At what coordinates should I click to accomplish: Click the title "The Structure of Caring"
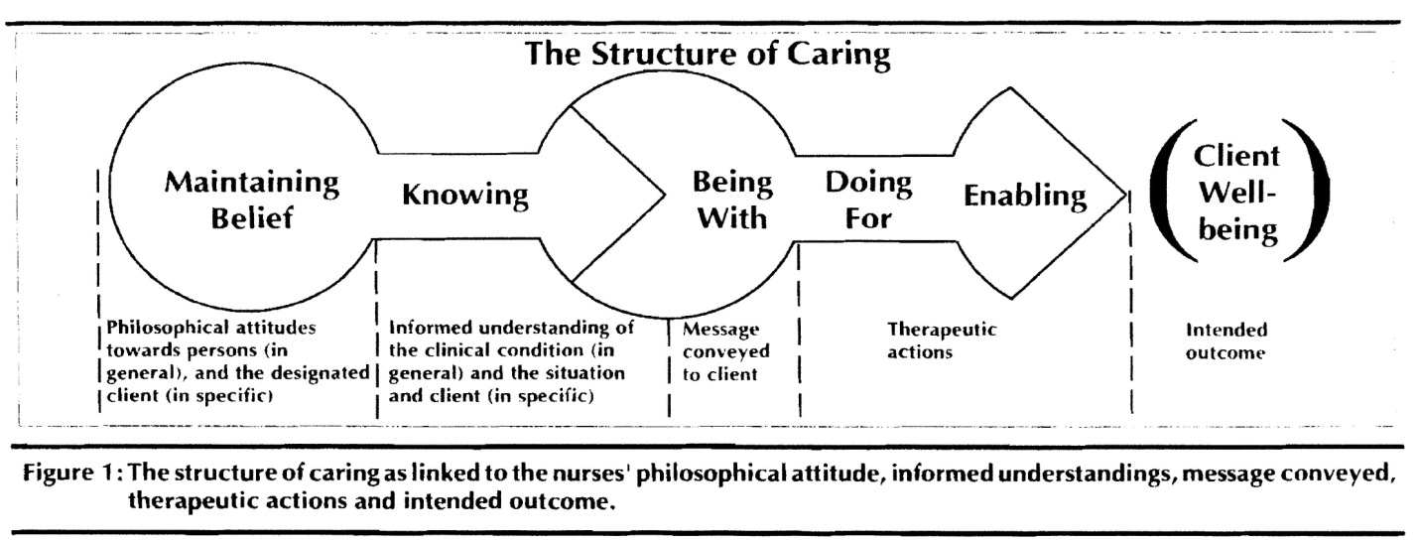click(x=709, y=55)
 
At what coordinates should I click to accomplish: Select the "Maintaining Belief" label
click(x=253, y=201)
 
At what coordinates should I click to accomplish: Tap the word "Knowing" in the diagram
click(x=464, y=196)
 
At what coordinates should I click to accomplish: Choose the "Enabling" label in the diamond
click(x=1025, y=197)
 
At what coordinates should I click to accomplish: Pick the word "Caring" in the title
click(x=839, y=55)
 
